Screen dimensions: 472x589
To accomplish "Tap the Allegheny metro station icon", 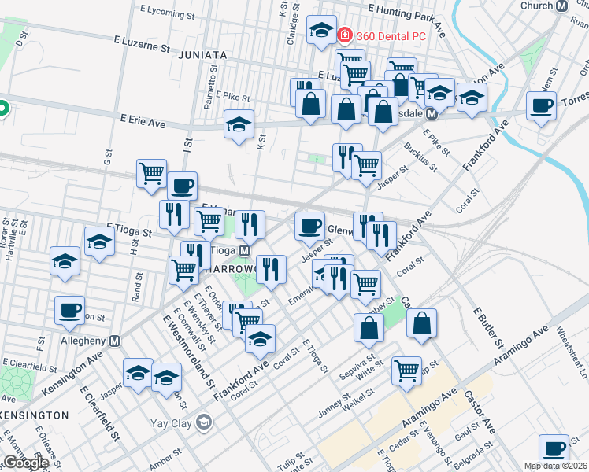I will (x=115, y=341).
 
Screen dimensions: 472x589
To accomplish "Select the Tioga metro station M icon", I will (x=245, y=250).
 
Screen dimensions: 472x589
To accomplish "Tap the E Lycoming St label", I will (x=167, y=13).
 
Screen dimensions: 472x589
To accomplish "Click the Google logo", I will (x=25, y=463).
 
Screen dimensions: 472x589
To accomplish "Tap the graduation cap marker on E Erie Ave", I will (x=239, y=124).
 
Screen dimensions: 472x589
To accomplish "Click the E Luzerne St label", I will (x=142, y=46).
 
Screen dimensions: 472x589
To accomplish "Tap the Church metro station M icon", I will (x=562, y=6).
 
